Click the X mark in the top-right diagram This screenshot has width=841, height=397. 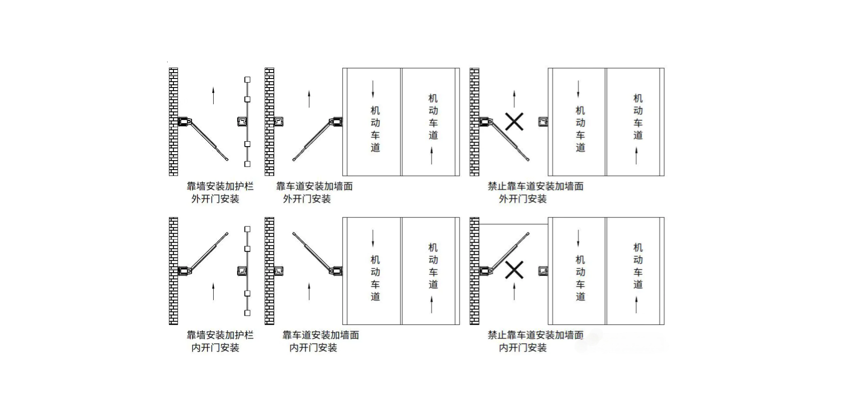point(514,122)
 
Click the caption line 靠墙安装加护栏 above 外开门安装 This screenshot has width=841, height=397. point(220,186)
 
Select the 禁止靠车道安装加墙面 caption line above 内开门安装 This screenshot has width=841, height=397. point(535,335)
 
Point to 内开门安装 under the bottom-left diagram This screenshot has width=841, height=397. point(215,347)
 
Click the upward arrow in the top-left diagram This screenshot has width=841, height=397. point(214,96)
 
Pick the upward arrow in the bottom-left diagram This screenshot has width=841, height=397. point(214,291)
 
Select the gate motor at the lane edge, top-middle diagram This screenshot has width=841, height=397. point(336,121)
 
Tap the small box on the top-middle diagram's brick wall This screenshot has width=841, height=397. point(279,121)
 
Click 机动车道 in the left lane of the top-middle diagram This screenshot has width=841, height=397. point(375,129)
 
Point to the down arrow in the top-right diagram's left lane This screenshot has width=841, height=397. point(578,89)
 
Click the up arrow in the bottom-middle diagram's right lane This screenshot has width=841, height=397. point(431,305)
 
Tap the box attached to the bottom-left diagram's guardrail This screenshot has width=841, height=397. point(243,271)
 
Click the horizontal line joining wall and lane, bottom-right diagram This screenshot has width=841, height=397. point(514,224)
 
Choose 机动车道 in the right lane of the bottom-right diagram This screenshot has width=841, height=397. point(638,266)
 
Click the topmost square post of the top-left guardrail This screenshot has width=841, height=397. point(248,79)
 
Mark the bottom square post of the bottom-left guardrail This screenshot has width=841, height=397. point(248,313)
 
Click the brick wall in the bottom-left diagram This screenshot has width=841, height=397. point(173,271)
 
